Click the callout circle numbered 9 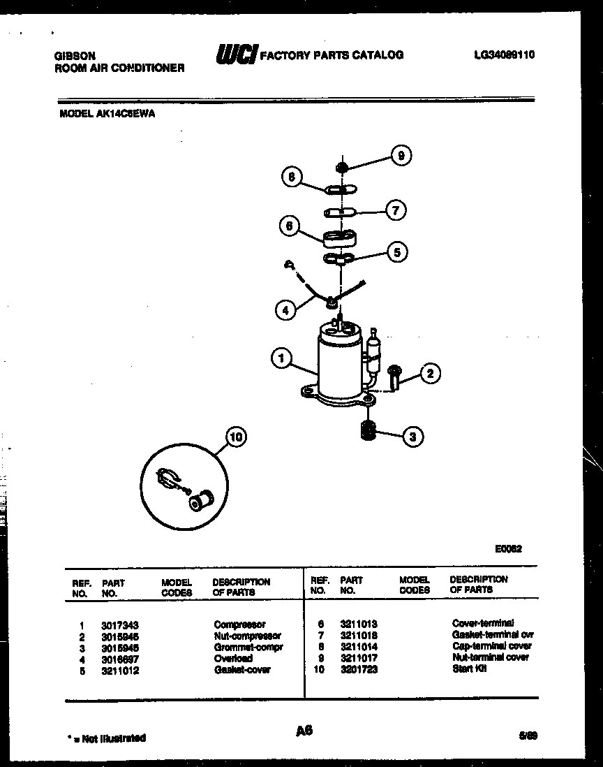(401, 156)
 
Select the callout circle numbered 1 (281, 359)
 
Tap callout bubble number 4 (285, 309)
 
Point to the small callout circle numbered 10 (237, 438)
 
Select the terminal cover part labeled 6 (340, 238)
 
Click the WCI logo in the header (237, 54)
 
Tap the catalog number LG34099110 (503, 54)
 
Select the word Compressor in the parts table (239, 624)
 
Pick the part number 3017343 (115, 624)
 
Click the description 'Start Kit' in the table (469, 669)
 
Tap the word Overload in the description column (234, 658)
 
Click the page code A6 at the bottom (304, 731)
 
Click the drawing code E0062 (507, 548)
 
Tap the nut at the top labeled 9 (342, 166)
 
